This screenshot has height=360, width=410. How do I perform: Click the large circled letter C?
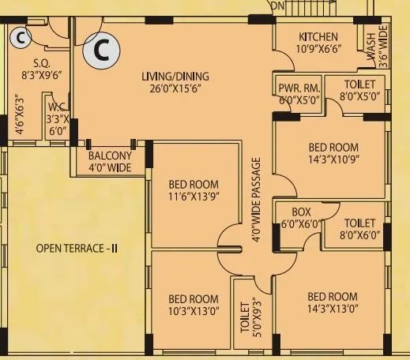click(x=101, y=51)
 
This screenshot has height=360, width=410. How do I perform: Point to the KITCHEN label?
click(x=318, y=37)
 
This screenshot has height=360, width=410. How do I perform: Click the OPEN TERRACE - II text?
click(x=77, y=249)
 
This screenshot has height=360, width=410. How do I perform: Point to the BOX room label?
click(x=301, y=212)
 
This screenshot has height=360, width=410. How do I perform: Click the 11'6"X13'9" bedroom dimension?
click(x=193, y=197)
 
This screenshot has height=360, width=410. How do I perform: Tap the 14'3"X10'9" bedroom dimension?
click(x=333, y=160)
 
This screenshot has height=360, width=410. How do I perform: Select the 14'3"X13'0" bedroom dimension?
click(x=333, y=310)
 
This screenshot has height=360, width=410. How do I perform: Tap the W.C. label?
click(x=56, y=106)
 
